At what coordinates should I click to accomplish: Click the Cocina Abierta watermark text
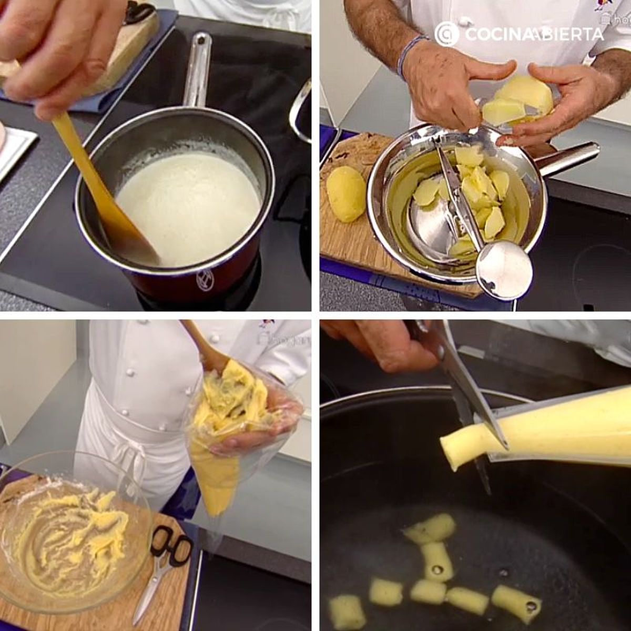pos(534,34)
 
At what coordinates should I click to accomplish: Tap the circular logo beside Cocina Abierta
pos(447,34)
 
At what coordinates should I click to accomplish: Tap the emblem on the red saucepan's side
pos(205,280)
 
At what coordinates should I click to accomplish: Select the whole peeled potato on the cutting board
pos(346,194)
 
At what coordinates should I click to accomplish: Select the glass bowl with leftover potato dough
pos(74,531)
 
